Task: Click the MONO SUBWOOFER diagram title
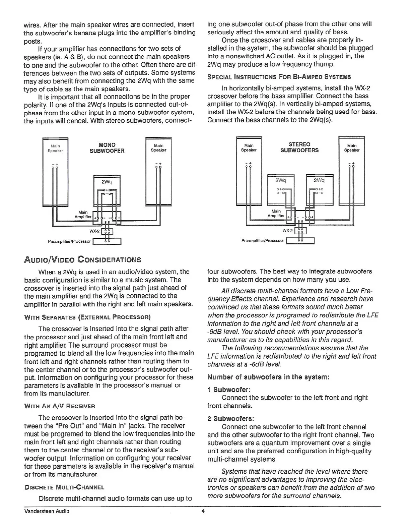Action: tap(107, 148)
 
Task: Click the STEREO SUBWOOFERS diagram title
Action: tap(299, 147)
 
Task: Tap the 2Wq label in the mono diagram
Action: tap(107, 182)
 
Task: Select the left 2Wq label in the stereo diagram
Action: tap(280, 180)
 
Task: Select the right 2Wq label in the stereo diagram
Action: tap(319, 180)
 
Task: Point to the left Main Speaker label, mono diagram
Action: tap(55, 148)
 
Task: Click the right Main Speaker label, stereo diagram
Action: tap(352, 148)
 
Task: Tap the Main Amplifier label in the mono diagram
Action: tap(83, 215)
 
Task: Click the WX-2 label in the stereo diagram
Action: tap(287, 231)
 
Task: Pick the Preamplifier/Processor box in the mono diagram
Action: tap(107, 241)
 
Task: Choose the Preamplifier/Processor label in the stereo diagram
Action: tap(262, 241)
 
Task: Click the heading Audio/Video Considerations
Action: tap(82, 259)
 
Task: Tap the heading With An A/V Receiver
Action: tap(60, 406)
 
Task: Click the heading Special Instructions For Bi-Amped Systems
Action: tap(279, 77)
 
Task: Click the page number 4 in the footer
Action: tap(203, 511)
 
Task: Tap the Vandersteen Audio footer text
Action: tap(47, 511)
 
